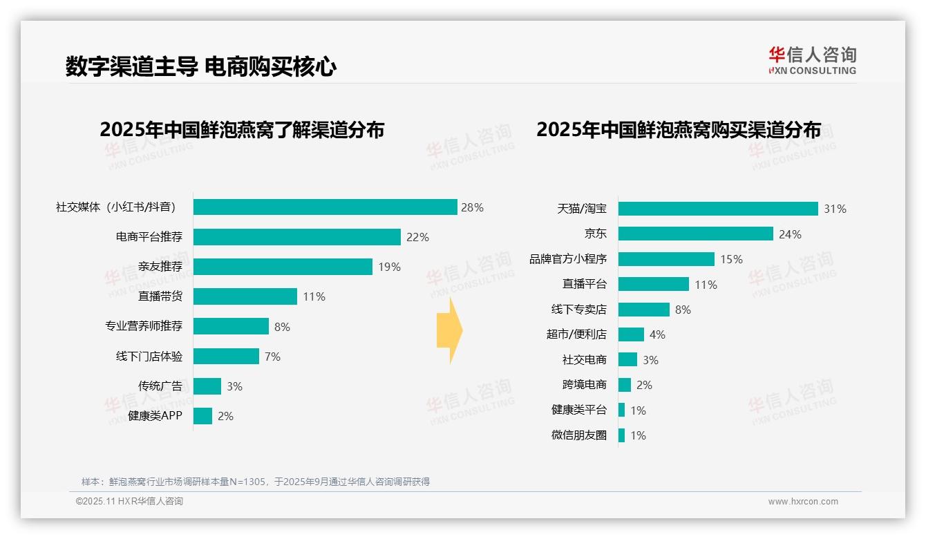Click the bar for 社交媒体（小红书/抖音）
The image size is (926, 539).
325,207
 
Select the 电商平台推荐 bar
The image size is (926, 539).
296,237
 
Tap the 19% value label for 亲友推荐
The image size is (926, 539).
389,267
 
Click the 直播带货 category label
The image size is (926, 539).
160,296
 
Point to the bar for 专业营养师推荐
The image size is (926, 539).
231,326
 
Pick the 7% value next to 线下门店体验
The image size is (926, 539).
272,357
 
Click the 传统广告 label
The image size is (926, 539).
160,386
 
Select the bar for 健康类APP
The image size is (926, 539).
202,416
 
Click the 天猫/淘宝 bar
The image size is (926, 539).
718,209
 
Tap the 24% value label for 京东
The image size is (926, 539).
790,234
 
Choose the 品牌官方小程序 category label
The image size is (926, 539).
568,259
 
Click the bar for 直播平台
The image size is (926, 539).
653,284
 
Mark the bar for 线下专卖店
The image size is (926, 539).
643,310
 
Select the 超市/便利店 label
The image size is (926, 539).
576,334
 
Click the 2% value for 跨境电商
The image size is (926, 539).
644,385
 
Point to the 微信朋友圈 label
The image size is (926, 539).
579,435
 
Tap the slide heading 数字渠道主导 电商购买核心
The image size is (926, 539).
200,67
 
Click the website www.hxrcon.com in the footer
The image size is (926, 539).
803,502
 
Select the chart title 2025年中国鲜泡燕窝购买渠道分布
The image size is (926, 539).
679,130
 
